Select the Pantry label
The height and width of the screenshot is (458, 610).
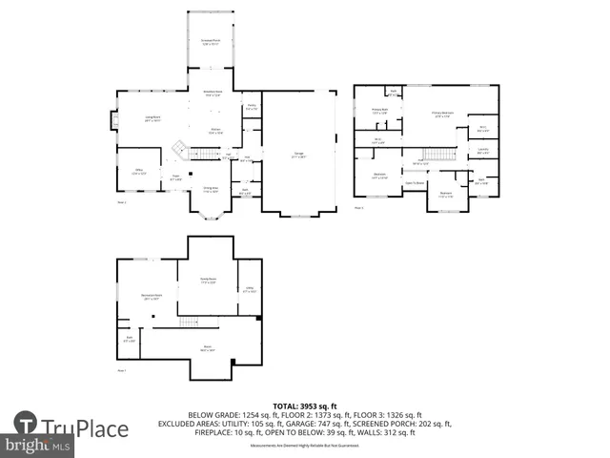click(x=251, y=107)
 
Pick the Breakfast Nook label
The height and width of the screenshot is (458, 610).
click(x=213, y=94)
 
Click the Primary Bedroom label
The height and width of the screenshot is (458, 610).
click(x=442, y=114)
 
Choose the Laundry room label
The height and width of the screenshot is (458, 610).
click(x=483, y=151)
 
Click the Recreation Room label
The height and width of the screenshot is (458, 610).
click(x=150, y=297)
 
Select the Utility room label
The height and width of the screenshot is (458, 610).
click(x=249, y=290)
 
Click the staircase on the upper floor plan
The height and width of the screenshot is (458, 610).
click(x=437, y=156)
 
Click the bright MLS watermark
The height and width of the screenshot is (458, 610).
click(x=38, y=446)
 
